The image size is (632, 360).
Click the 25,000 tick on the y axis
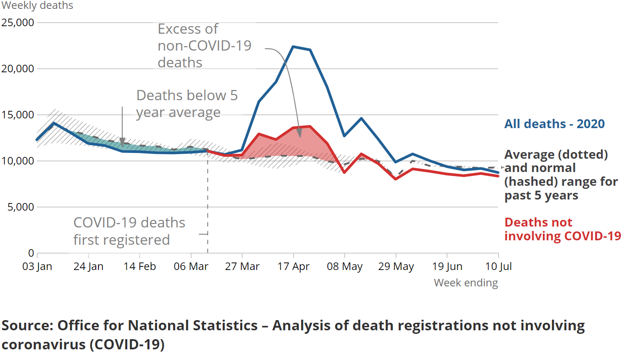click(x=18, y=22)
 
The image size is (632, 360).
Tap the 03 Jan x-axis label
click(x=37, y=266)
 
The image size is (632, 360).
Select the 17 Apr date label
click(x=293, y=266)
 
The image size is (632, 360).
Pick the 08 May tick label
click(x=344, y=266)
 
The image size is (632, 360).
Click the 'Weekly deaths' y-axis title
click(x=37, y=6)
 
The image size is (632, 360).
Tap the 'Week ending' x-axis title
click(x=466, y=282)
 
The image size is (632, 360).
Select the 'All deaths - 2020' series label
click(x=554, y=124)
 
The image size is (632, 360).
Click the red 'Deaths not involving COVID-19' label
click(x=562, y=229)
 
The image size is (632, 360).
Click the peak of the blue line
click(x=293, y=47)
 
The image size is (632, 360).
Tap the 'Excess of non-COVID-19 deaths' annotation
click(x=204, y=46)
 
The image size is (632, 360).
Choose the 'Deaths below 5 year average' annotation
click(x=187, y=104)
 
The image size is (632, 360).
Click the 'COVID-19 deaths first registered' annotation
click(x=129, y=231)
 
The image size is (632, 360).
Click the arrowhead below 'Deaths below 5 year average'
click(x=122, y=143)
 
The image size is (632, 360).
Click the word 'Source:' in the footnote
click(x=27, y=325)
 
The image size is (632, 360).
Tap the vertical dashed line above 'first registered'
click(x=208, y=200)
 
